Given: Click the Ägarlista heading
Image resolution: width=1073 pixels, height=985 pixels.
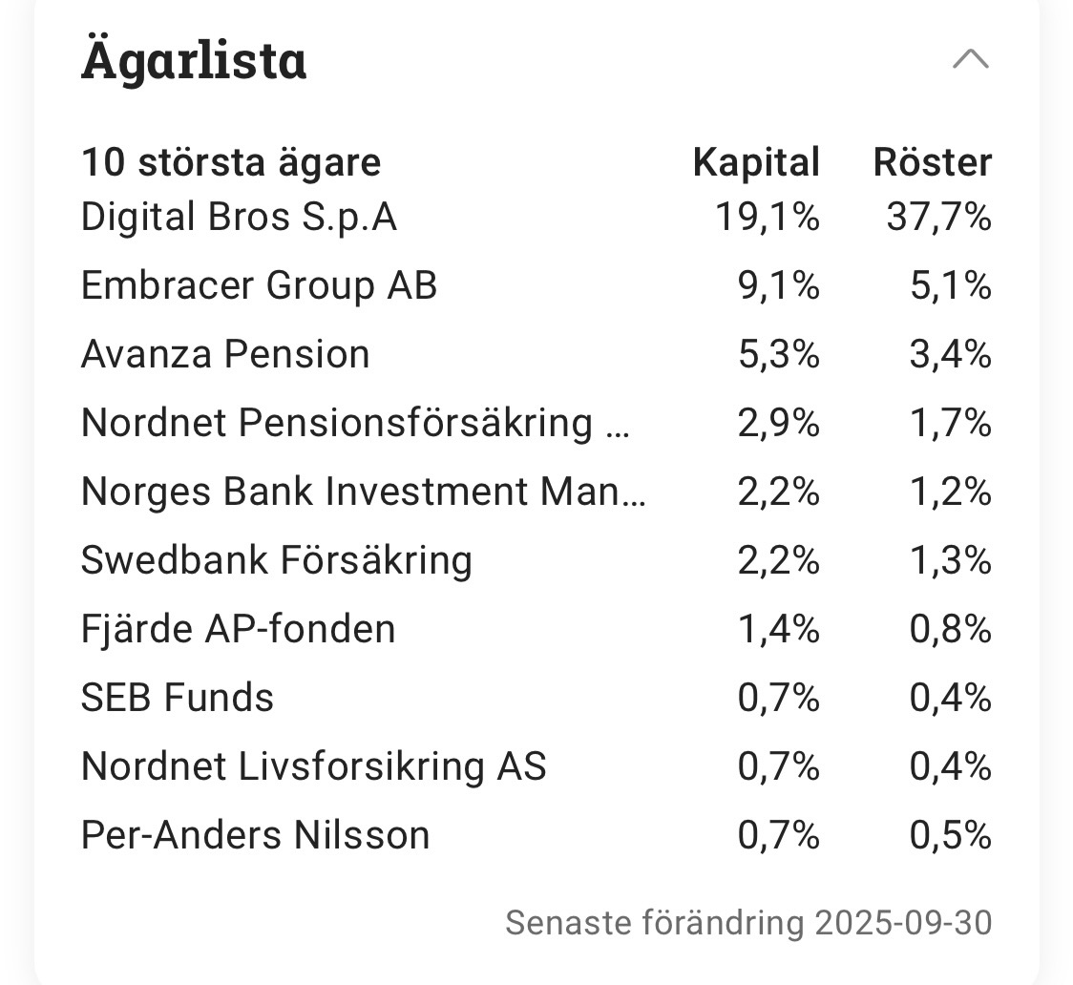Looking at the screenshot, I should coord(194,60).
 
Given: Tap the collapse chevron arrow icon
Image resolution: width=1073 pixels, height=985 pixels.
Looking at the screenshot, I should coord(971,60).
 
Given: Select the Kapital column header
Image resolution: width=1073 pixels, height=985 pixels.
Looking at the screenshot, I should coord(756,162).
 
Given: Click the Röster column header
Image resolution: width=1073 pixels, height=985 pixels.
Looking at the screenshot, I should coord(932,162).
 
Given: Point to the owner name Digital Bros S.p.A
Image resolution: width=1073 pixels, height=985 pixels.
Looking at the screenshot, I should coord(239,218).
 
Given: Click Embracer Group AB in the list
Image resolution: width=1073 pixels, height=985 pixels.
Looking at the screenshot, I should coord(259,286).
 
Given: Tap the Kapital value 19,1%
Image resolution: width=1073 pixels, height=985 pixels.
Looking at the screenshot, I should coord(768,218).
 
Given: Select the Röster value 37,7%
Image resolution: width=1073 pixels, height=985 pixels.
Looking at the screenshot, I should coord(938,218).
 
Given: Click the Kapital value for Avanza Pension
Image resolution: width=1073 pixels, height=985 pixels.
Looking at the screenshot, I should coord(778,355).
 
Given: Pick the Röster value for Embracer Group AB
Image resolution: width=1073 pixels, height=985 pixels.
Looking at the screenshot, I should coord(950,286).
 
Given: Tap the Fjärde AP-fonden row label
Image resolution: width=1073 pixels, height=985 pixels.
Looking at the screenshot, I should coord(238,629).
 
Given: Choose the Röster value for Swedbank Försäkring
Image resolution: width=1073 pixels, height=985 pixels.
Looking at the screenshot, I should coord(950,560).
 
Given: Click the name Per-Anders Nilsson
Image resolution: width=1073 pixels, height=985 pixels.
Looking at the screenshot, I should coord(255,835).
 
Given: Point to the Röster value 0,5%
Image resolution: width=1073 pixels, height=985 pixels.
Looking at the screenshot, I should coord(950,835).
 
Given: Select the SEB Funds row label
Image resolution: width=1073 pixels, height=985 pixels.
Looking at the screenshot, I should coord(178,698).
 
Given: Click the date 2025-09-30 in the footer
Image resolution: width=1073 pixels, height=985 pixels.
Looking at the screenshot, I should coord(903,923).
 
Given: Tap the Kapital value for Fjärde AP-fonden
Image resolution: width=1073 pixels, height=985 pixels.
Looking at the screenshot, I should coord(778,629).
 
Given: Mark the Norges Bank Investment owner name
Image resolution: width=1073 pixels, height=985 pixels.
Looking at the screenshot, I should coord(363,492).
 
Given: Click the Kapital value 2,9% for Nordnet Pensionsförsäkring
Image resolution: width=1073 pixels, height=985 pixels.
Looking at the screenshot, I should coord(778,423).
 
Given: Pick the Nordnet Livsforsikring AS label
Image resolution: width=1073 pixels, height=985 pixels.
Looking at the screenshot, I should coord(313,766).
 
